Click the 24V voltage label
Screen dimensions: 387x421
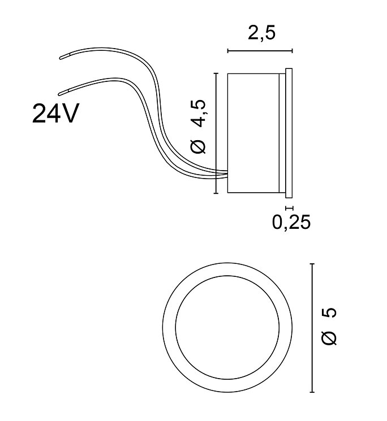[x=56, y=114]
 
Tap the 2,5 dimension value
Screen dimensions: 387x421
[x=261, y=33]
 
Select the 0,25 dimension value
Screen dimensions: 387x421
[x=291, y=222]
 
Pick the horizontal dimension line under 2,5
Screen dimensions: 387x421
[x=260, y=51]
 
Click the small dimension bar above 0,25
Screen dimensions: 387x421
[x=289, y=208]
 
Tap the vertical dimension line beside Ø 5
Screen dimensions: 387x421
[x=312, y=328]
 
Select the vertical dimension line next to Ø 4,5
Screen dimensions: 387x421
[x=216, y=133]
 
